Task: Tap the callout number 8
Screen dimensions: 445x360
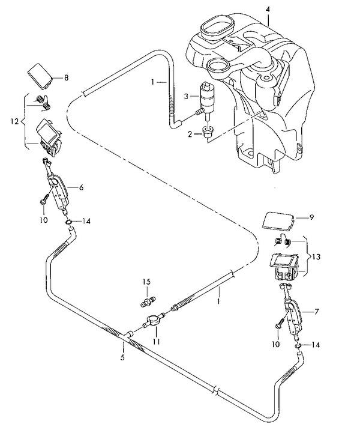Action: (67, 77)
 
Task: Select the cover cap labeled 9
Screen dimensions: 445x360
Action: (278, 220)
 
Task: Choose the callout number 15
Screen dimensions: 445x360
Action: (145, 282)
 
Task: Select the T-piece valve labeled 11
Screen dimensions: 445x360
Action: (154, 321)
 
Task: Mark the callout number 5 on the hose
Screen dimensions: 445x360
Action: (123, 359)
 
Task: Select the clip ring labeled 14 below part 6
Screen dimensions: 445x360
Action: (70, 223)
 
